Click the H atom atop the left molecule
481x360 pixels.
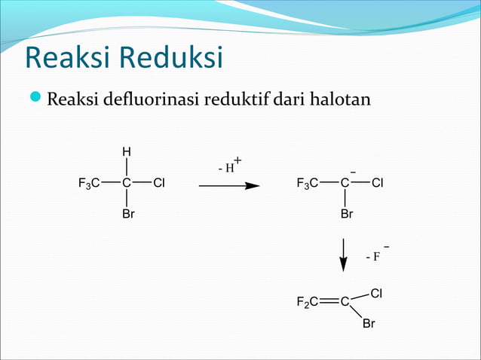127,151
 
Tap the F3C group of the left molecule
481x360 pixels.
90,183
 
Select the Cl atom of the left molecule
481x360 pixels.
158,183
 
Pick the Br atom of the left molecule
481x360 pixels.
128,215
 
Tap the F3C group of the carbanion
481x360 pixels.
308,183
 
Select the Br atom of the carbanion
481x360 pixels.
346,215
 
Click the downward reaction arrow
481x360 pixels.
344,254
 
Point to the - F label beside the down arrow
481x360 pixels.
375,255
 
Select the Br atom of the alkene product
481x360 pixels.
369,324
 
